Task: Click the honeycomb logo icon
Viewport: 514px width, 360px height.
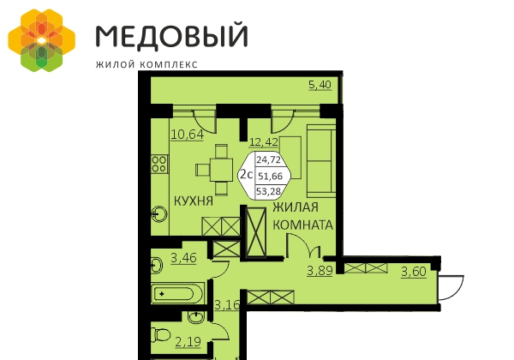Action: [42, 40]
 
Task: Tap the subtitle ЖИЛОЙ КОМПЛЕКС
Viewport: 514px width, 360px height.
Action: [146, 64]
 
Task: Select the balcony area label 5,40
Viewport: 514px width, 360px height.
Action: [320, 85]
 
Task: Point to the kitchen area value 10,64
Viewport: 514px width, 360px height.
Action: [188, 135]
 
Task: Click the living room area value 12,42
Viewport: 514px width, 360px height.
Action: [264, 142]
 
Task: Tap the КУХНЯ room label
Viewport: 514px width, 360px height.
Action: [194, 201]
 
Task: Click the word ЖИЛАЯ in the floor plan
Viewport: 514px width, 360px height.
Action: [296, 207]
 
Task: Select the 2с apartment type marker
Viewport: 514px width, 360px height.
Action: [247, 174]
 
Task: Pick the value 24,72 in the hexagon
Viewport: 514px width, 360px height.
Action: [269, 160]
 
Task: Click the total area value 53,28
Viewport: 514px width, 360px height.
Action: [269, 191]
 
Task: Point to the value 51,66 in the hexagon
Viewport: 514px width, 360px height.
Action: [270, 177]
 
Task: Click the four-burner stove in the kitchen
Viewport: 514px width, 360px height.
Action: [159, 164]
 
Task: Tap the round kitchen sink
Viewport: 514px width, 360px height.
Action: [159, 214]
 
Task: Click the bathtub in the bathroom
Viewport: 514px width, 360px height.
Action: [177, 293]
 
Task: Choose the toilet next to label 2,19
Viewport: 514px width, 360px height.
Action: [161, 335]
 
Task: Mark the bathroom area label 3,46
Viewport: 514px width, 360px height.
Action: [183, 258]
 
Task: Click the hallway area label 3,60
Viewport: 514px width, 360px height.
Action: [414, 272]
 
